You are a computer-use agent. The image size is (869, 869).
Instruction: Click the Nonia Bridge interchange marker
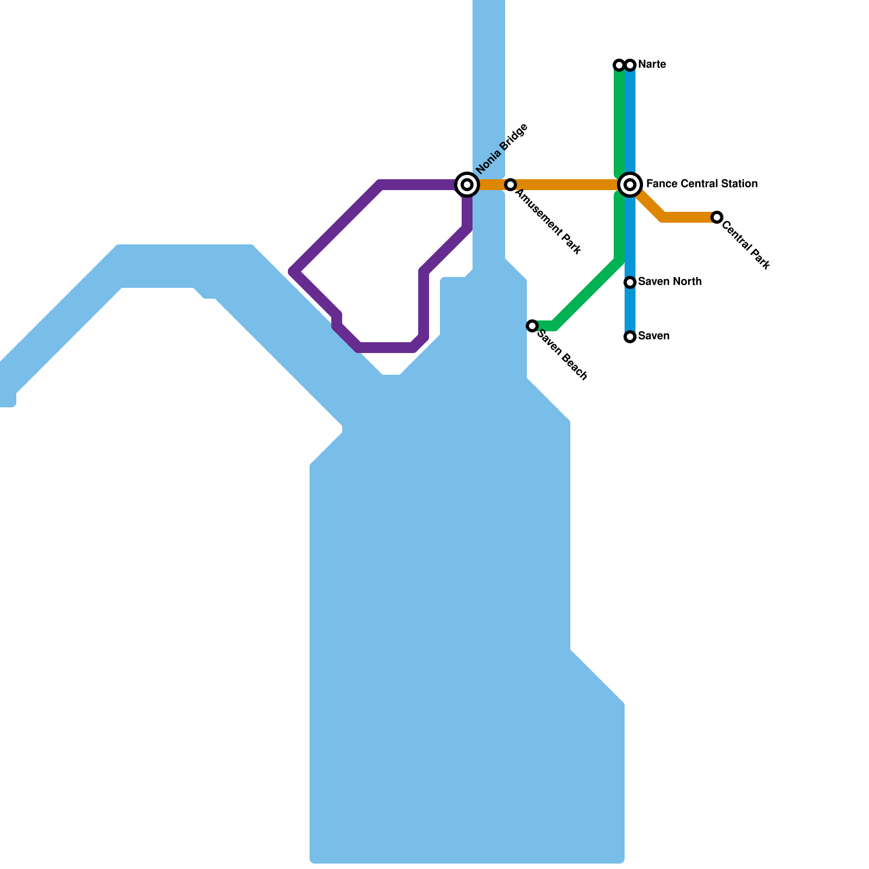(x=467, y=185)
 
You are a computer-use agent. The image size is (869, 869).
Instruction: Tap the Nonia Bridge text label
(x=502, y=149)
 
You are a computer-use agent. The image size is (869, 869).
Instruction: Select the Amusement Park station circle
(x=511, y=185)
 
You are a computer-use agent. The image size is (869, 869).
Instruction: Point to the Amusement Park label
(x=549, y=222)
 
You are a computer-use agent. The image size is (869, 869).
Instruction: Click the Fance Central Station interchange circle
(x=630, y=185)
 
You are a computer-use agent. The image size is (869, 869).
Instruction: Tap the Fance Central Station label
(x=702, y=184)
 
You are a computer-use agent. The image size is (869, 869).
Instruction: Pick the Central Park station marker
(x=717, y=217)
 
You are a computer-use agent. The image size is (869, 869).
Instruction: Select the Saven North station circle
(x=630, y=282)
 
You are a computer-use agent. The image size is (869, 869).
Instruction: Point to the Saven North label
(x=670, y=281)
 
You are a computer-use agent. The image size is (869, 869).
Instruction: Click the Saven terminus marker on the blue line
(x=630, y=337)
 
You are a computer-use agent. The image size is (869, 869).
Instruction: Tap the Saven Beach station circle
(x=532, y=326)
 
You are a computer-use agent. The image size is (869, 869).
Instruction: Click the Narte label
(x=652, y=65)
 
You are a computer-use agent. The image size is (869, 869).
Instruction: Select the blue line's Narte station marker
(x=630, y=65)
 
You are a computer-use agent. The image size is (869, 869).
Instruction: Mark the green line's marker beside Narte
(x=619, y=65)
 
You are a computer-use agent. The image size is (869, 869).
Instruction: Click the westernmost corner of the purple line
(x=293, y=271)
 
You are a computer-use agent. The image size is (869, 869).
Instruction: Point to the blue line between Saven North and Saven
(x=630, y=310)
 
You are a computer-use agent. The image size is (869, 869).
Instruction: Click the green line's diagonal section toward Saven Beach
(x=587, y=293)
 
